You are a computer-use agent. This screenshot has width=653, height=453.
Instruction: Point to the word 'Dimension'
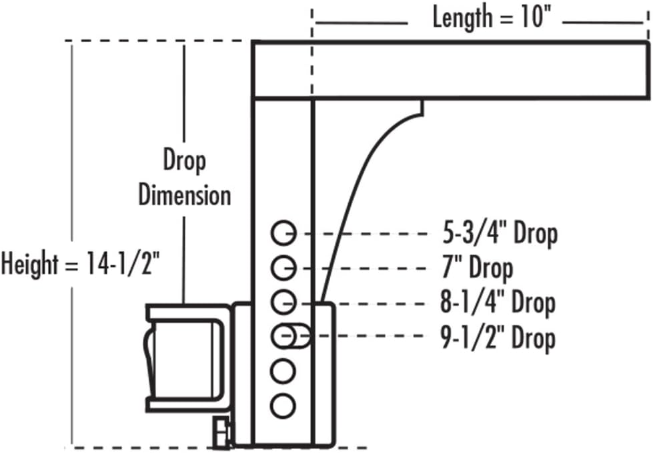185,196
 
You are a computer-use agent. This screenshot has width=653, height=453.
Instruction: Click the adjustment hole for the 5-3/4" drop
283,234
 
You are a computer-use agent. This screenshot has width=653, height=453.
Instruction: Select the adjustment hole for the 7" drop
283,268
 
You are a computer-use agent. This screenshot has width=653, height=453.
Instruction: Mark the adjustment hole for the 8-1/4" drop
283,302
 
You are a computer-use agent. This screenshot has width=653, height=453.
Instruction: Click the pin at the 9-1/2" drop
297,335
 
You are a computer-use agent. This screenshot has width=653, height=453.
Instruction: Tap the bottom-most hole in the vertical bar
283,404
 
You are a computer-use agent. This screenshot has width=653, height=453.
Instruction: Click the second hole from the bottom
283,370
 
